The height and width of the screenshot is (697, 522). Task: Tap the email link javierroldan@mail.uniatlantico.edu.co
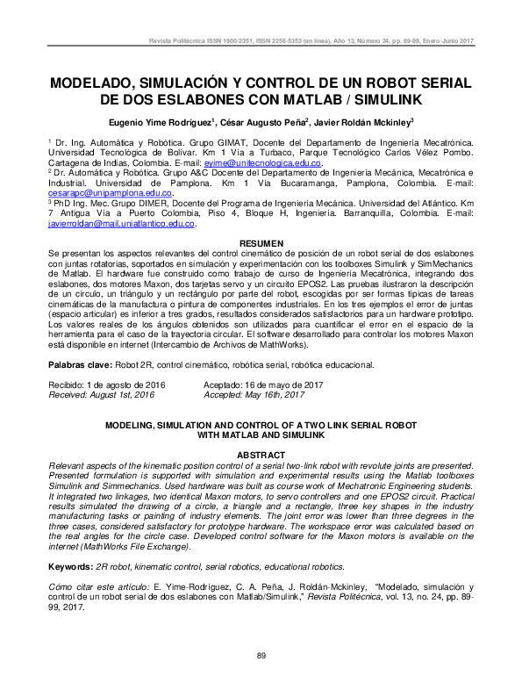pos(120,224)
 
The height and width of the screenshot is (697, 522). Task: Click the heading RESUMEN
pos(261,241)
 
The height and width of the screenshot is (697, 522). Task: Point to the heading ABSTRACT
pos(261,454)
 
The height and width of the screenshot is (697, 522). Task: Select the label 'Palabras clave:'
pos(80,363)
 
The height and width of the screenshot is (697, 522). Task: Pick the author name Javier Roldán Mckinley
pos(362,122)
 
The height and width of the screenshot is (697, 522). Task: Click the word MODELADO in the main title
pos(98,83)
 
